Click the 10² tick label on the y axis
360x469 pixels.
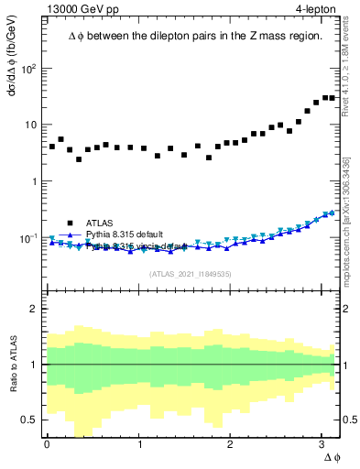tap(30, 69)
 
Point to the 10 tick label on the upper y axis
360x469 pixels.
tap(30, 125)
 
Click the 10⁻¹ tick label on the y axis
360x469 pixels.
tap(30, 238)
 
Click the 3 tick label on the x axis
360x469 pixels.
tap(322, 444)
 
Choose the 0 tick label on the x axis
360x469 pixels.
tap(47, 444)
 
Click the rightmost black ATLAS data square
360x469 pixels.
tap(332, 98)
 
